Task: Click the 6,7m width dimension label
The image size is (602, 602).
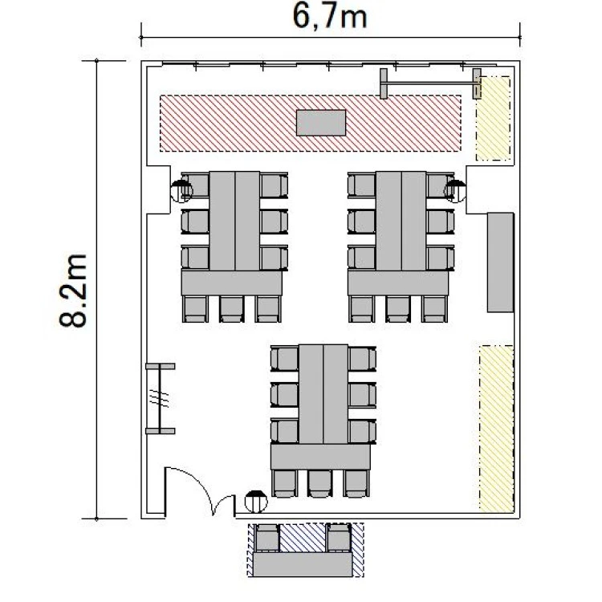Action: [x=329, y=17]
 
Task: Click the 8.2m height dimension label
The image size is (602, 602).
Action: [x=73, y=291]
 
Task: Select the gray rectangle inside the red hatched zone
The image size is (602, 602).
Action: [x=321, y=123]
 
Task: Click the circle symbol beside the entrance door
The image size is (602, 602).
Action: [x=256, y=502]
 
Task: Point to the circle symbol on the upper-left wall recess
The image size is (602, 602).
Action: [x=181, y=191]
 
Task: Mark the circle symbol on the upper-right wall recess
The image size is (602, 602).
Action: [x=455, y=191]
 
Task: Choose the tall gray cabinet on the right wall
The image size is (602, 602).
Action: [x=501, y=262]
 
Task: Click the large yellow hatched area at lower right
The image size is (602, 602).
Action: [x=496, y=429]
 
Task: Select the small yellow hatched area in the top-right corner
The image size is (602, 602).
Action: [x=494, y=118]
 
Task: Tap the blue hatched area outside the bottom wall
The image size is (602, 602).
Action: [x=306, y=550]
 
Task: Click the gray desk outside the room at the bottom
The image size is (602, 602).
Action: [x=303, y=564]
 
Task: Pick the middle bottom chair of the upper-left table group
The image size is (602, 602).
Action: [x=231, y=309]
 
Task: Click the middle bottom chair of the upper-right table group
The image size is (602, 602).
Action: [x=398, y=309]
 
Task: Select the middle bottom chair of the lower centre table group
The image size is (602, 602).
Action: [x=319, y=483]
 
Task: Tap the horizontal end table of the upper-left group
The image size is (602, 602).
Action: [x=232, y=283]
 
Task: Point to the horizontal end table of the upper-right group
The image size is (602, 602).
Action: [x=398, y=283]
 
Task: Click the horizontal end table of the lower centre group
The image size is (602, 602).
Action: [x=320, y=457]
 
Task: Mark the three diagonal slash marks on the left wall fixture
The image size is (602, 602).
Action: [x=160, y=398]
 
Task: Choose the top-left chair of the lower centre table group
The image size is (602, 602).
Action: [x=284, y=359]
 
